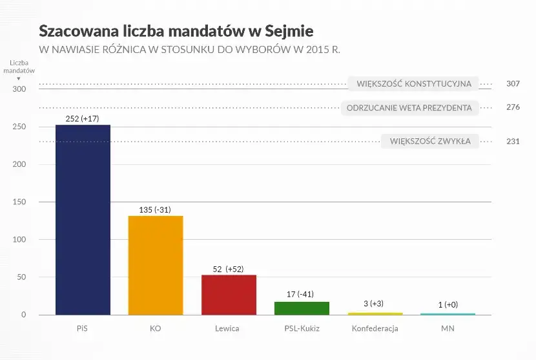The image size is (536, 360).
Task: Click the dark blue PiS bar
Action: (x=83, y=220)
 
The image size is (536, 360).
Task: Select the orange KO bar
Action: (x=156, y=265)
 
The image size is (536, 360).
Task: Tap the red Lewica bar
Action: (x=229, y=295)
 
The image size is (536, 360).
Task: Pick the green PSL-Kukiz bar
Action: (x=302, y=308)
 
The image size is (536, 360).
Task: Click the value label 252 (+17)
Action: (x=83, y=118)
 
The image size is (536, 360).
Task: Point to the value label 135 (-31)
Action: (x=156, y=209)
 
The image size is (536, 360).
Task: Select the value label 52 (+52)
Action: (x=229, y=269)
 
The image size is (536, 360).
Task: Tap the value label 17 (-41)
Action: (x=300, y=294)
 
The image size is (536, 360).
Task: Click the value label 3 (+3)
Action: (x=375, y=304)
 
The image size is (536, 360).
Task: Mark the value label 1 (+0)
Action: (x=448, y=304)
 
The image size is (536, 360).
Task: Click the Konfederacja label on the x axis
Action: (x=375, y=328)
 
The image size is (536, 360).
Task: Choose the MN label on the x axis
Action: (x=448, y=328)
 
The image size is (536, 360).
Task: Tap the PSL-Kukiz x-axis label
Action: (x=302, y=328)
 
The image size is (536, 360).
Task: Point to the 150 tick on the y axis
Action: (x=19, y=202)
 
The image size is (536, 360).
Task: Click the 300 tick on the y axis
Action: (x=19, y=89)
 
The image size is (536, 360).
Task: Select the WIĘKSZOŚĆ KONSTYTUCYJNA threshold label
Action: (x=414, y=84)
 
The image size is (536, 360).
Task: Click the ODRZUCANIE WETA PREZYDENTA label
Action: (x=409, y=107)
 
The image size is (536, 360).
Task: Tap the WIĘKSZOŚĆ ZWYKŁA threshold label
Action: (x=430, y=141)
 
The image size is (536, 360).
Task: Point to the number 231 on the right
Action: (x=513, y=142)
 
